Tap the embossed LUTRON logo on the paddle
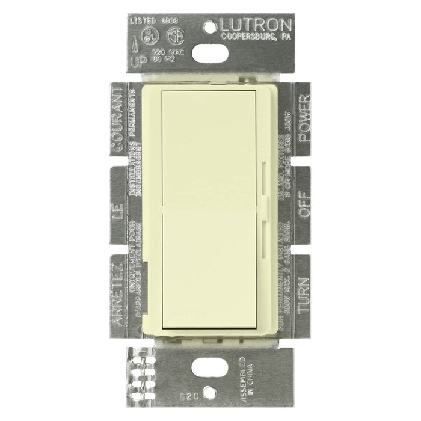pyautogui.click(x=193, y=313)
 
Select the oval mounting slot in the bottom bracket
pyautogui.click(x=210, y=369)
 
